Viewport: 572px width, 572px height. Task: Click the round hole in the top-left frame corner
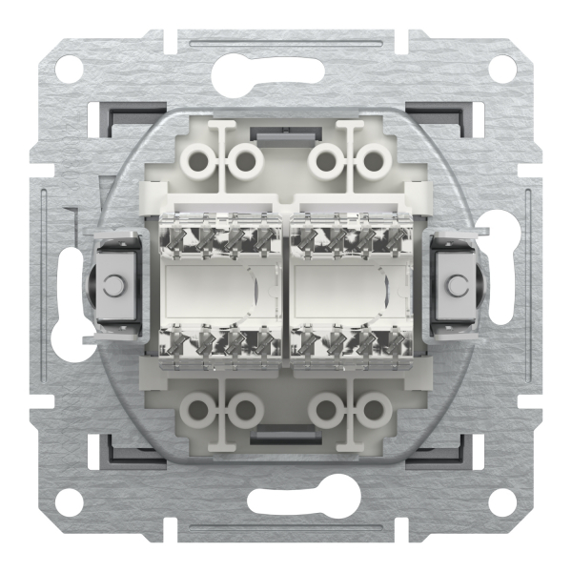69,70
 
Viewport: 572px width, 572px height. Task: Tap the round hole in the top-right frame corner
502,70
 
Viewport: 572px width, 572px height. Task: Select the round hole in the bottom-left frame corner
69,503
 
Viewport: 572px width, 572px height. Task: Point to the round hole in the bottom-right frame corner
502,503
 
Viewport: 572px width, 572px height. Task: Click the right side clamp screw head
458,284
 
